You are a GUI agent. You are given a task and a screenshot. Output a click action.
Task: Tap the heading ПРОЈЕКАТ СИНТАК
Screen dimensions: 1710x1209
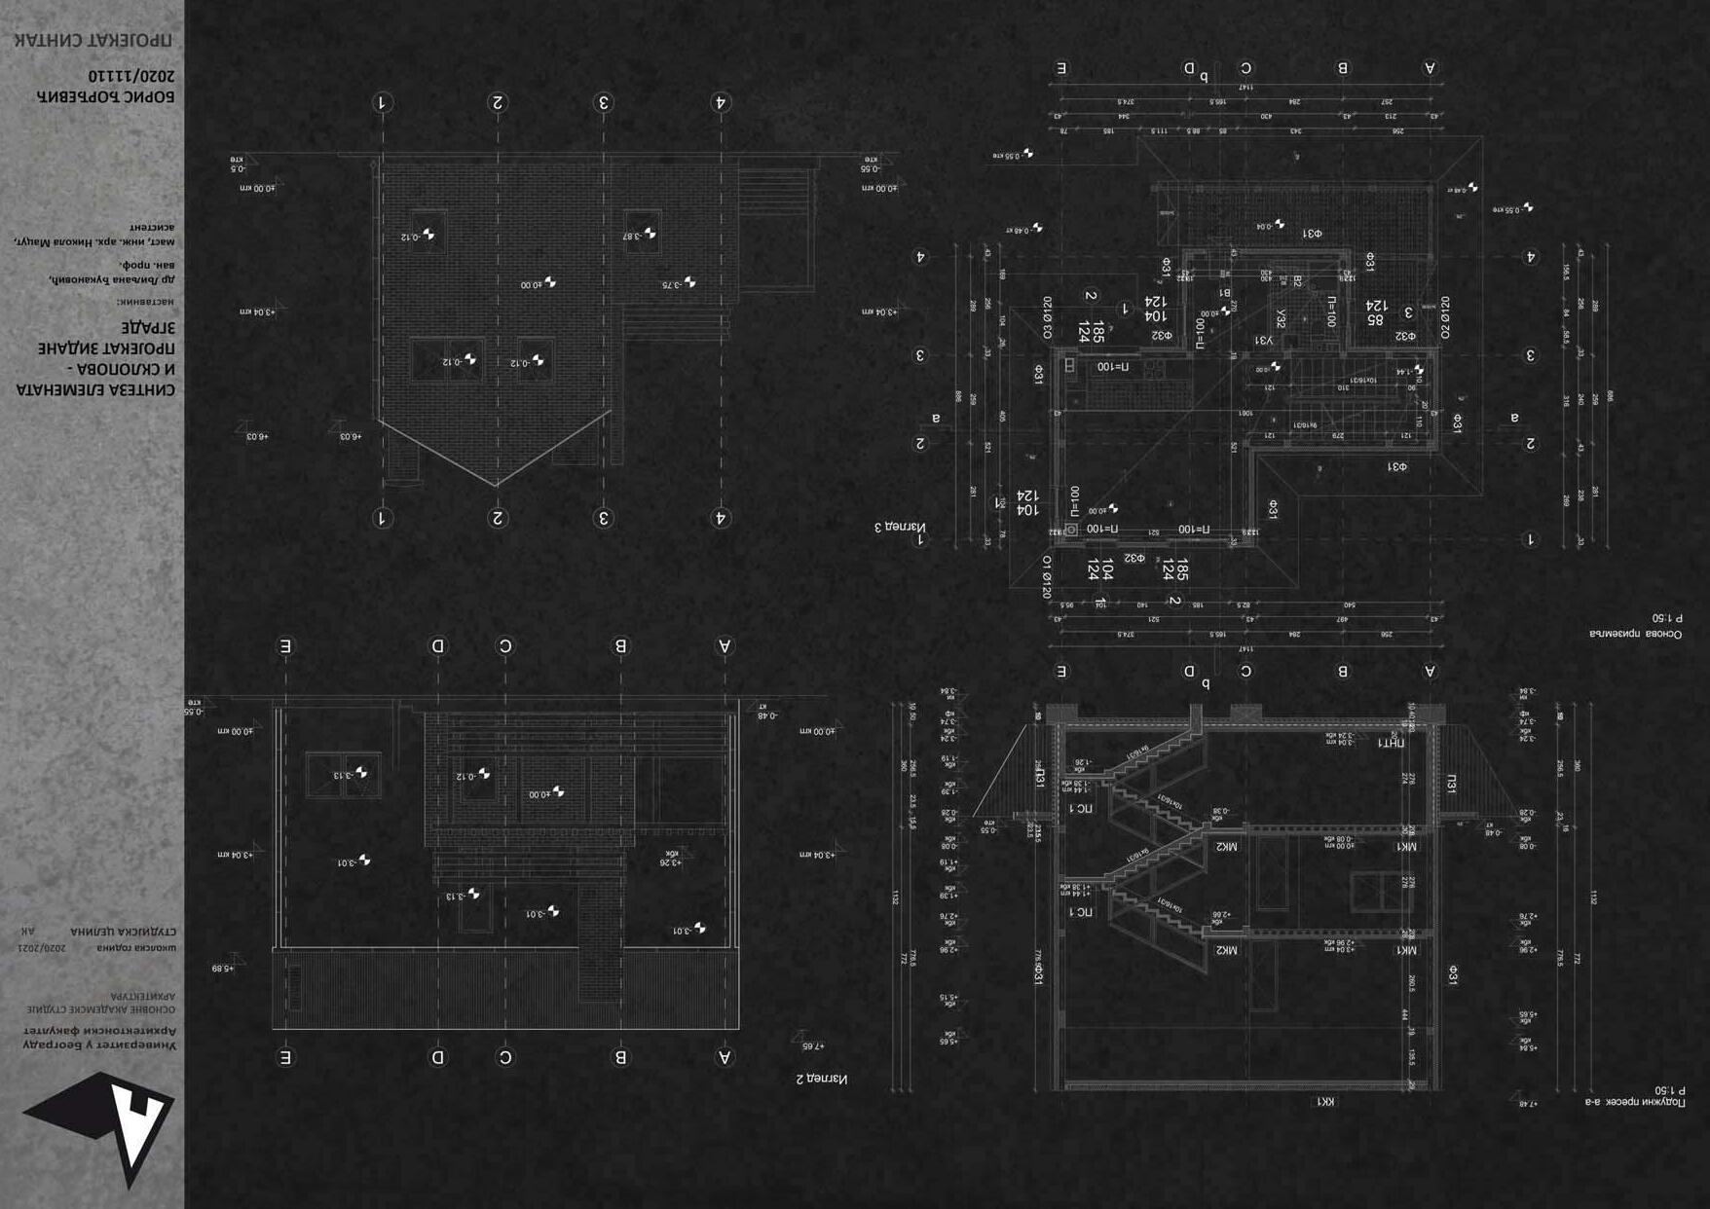(93, 40)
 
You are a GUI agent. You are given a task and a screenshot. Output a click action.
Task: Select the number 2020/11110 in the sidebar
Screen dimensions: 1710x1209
(131, 75)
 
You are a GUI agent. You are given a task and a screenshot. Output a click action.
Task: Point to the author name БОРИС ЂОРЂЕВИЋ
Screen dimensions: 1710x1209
(105, 95)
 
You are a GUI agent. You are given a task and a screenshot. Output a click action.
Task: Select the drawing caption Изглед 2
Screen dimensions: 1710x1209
(821, 1079)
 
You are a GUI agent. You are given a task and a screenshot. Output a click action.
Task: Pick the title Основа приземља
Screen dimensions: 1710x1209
(1635, 634)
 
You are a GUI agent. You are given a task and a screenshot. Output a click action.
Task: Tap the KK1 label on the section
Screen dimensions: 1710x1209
(1325, 1101)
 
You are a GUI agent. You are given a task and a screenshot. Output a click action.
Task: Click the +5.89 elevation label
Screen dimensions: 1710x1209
(223, 969)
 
